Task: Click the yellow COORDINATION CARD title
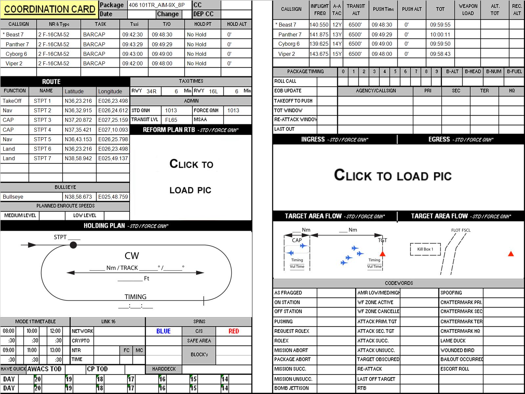[x=50, y=9]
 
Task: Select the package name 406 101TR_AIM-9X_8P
[x=157, y=5]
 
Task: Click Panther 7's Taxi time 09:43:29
[x=133, y=44]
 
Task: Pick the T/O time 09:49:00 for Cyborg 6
[x=162, y=54]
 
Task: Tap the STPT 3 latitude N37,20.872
[x=78, y=120]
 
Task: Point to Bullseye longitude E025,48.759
[x=113, y=197]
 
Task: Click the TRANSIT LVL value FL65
[x=171, y=120]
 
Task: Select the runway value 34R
[x=151, y=91]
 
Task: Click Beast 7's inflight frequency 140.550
[x=319, y=25]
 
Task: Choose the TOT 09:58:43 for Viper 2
[x=440, y=54]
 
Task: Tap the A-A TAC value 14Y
[x=337, y=44]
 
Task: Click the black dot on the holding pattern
[x=73, y=245]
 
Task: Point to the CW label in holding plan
[x=132, y=256]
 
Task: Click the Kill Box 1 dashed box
[x=425, y=249]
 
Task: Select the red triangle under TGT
[x=383, y=253]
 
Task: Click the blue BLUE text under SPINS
[x=163, y=331]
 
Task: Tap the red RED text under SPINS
[x=234, y=331]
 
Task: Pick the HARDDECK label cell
[x=164, y=369]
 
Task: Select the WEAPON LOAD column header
[x=468, y=10]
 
